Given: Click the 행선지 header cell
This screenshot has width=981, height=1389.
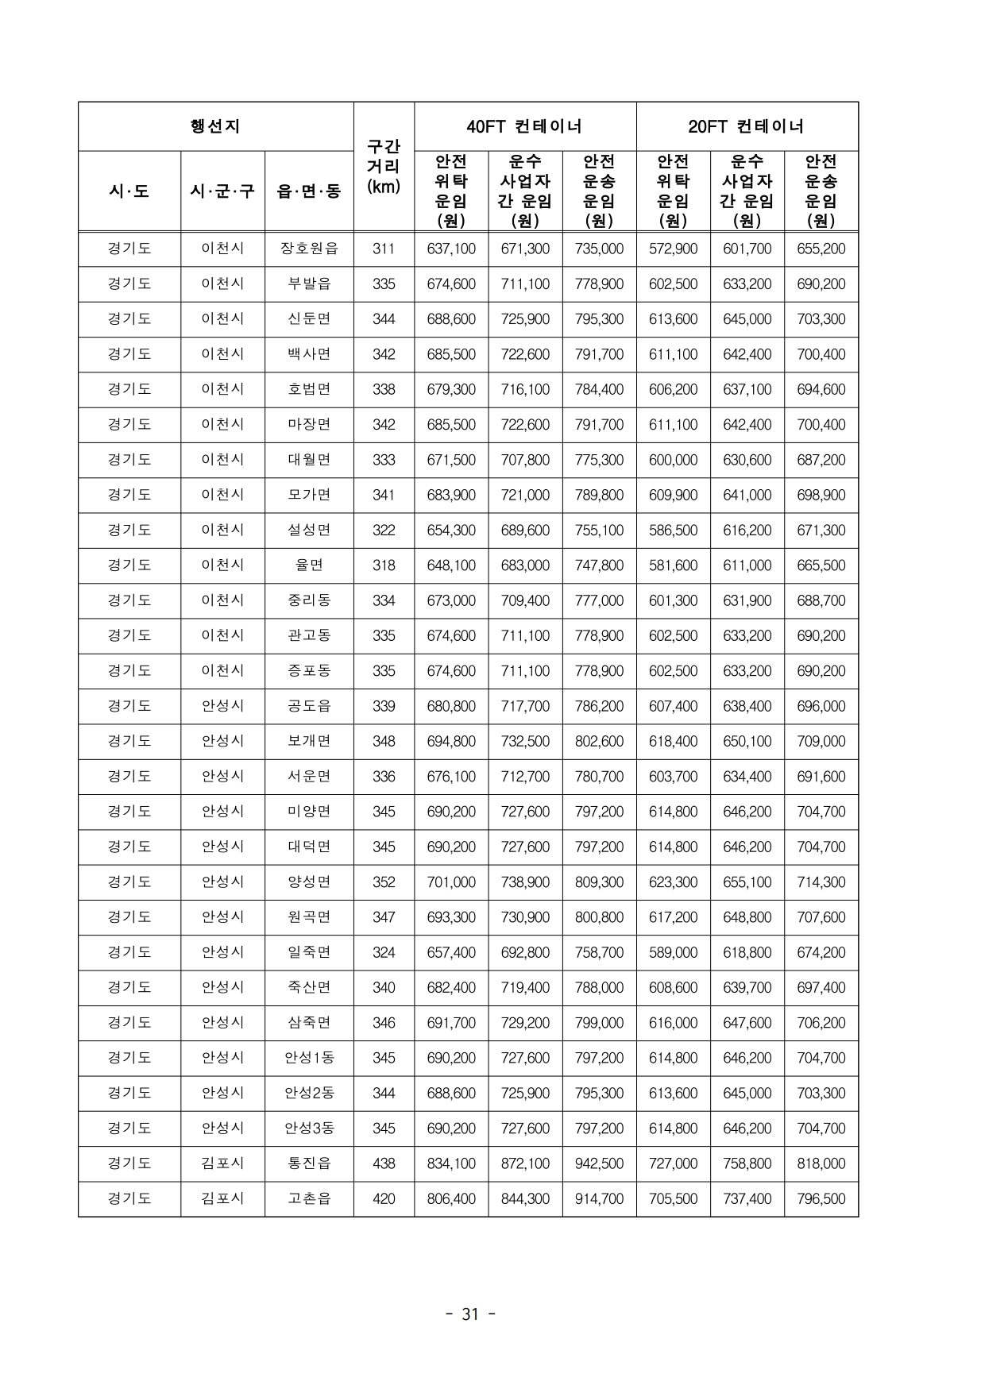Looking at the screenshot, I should coord(215,126).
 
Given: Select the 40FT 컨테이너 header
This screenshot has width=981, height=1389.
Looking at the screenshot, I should coord(524,126).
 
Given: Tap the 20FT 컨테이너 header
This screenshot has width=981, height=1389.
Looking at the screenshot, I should coord(747,126).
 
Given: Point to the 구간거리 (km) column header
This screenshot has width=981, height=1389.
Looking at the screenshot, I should coord(384,167).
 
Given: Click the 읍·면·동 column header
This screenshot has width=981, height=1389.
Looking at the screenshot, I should coord(309,191).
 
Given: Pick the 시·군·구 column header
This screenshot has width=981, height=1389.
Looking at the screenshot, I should coord(222,191).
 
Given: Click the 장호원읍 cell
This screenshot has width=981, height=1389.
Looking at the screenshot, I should coord(309,249).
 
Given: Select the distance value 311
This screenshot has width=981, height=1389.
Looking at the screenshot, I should coord(384,249).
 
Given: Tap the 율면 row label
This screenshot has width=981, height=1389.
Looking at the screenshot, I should coord(309,565).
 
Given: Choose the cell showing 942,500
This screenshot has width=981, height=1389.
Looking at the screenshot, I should coord(599,1163).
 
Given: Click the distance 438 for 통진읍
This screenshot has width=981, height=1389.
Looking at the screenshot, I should coord(384,1163).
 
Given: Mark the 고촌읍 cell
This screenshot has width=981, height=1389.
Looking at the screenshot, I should coord(309,1198).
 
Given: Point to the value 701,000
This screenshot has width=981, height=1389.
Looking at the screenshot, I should coord(451,882).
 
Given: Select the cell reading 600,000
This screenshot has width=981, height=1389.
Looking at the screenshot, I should coord(673,460).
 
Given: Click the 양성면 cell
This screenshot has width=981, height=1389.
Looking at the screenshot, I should coord(309,882).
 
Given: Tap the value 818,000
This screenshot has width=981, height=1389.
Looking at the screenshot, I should coord(821,1163).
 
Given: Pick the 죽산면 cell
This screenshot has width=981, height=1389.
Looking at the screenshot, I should coord(309,987).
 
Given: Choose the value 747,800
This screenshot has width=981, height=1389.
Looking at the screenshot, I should coord(599,565).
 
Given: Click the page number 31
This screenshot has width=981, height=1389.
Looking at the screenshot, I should coord(470,1314).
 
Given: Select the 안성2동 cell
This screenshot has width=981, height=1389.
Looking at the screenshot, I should coord(309,1093).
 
